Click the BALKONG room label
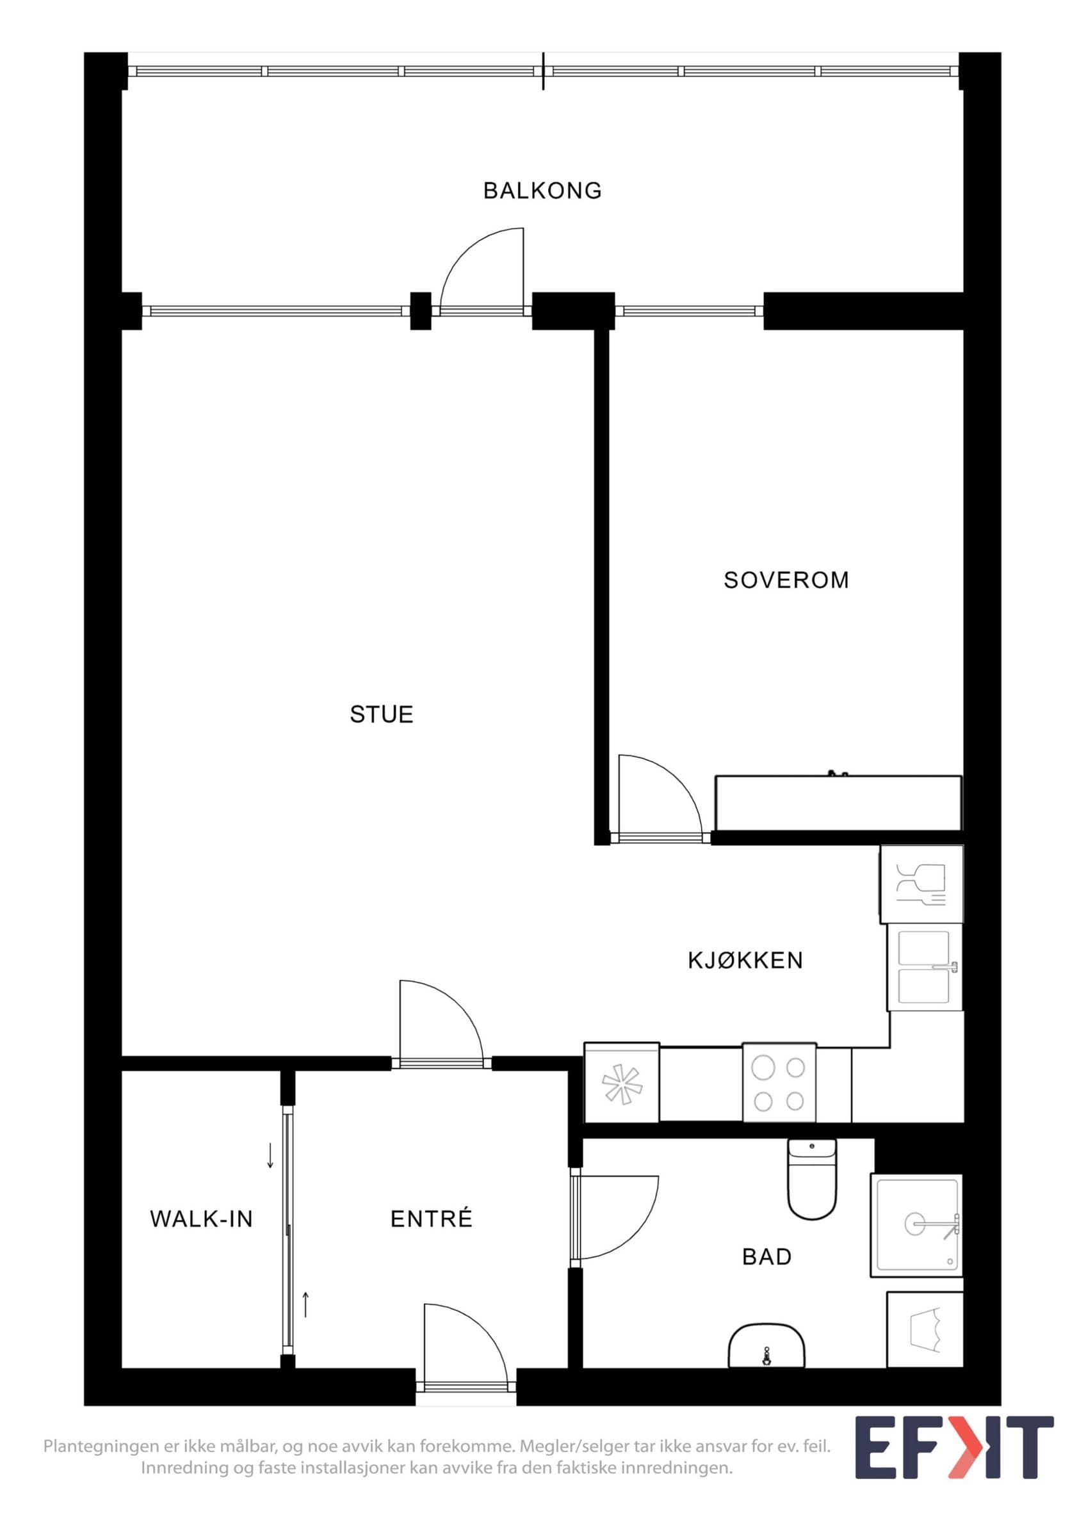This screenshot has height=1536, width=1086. click(x=542, y=191)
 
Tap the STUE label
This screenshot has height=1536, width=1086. click(x=382, y=714)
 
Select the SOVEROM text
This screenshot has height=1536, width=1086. click(x=786, y=580)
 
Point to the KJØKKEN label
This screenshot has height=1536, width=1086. click(x=745, y=961)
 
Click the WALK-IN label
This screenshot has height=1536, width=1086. click(x=202, y=1219)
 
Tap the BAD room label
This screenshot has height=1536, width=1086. click(x=767, y=1257)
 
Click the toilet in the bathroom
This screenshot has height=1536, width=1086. click(x=812, y=1179)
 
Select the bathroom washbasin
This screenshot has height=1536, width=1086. click(x=766, y=1345)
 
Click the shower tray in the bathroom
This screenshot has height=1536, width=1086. click(x=916, y=1225)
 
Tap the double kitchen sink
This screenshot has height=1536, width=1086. click(x=925, y=967)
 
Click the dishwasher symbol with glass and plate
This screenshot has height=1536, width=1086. click(x=921, y=884)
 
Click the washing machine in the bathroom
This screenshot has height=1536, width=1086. click(x=925, y=1329)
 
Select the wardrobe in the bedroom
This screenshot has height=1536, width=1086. click(x=838, y=803)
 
